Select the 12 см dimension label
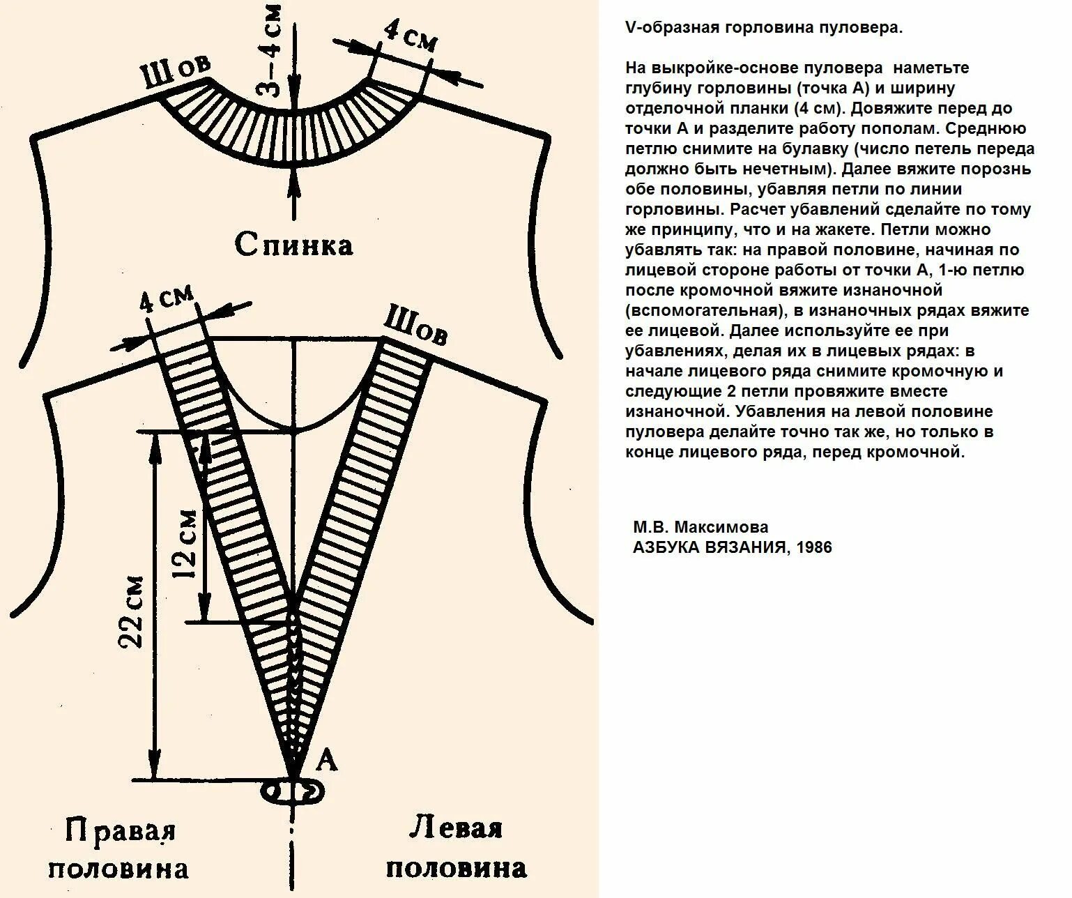(185, 545)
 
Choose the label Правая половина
(119, 849)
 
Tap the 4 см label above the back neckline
(411, 36)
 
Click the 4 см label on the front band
(166, 300)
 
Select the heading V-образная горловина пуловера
(764, 28)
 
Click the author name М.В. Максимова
(700, 527)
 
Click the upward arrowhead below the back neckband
(293, 180)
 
